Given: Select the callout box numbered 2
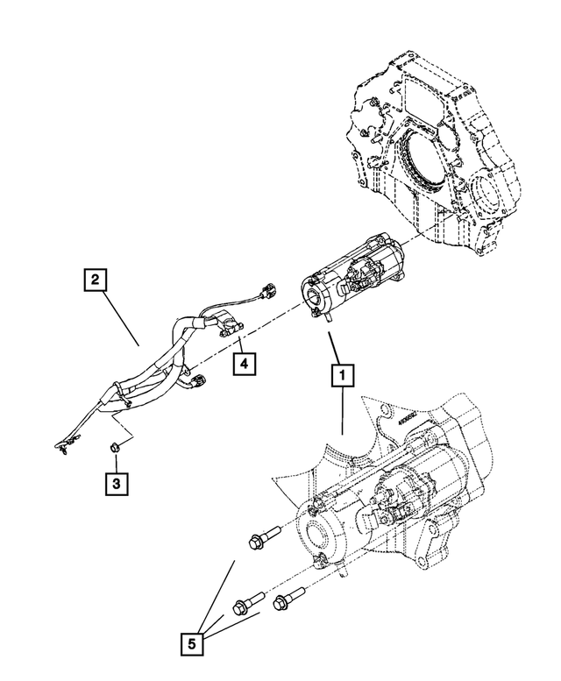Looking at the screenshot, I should click(x=96, y=280).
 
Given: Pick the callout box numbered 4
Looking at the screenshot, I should click(x=245, y=361).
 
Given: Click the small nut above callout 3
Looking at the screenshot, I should click(x=116, y=448).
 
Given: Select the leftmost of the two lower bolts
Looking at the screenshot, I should click(x=245, y=605).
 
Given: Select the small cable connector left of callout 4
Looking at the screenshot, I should click(x=201, y=380).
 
